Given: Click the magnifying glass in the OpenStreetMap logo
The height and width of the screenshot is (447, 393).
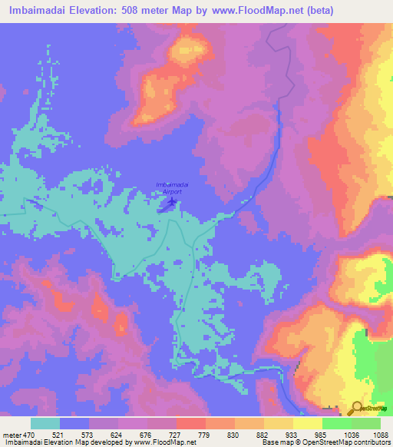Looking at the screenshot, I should tap(357, 408).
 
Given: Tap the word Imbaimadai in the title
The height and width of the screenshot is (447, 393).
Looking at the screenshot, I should tap(44, 10).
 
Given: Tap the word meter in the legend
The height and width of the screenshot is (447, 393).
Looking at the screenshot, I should tap(11, 435).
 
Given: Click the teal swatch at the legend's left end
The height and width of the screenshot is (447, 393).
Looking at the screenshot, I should tap(45, 423).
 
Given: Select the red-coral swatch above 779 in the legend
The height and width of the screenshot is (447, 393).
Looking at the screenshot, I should tap(190, 423).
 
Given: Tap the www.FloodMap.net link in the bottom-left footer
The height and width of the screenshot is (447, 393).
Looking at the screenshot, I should tap(163, 443).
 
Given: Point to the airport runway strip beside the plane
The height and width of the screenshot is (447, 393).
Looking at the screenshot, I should tap(166, 206).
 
